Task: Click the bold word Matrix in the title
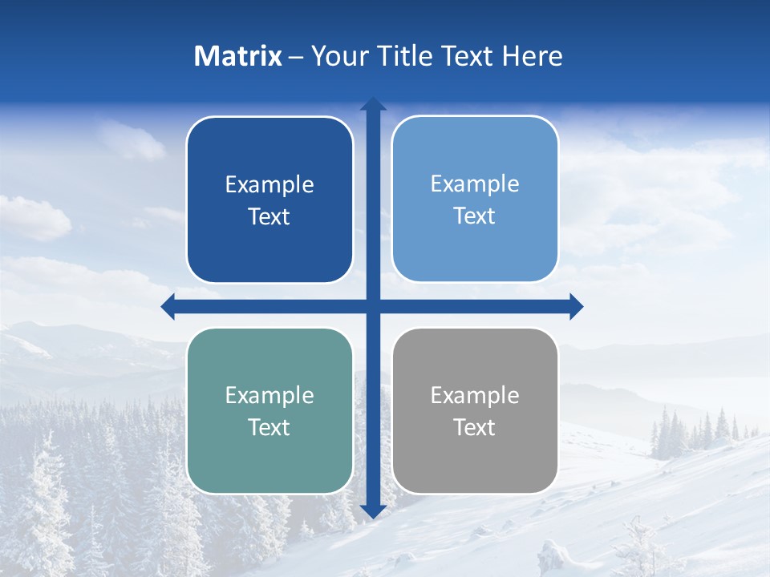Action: pos(238,56)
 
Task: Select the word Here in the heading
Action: pos(532,56)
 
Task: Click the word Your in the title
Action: pos(339,56)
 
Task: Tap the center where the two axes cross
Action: pos(373,306)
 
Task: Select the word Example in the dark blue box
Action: pos(269,185)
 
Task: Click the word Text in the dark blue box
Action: pos(269,217)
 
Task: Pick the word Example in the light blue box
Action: pos(475,184)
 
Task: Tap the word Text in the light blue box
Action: pos(475,216)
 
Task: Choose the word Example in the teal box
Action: pos(269,396)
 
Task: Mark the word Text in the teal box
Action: pos(269,428)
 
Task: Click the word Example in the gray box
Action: pos(475,396)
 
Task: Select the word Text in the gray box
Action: pos(475,428)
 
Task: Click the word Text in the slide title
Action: pos(466,56)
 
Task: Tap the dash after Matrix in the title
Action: pos(296,57)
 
